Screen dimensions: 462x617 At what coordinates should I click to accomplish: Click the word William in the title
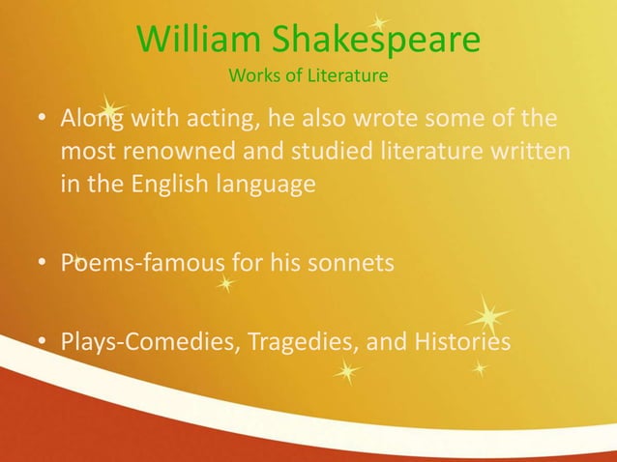point(198,40)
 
